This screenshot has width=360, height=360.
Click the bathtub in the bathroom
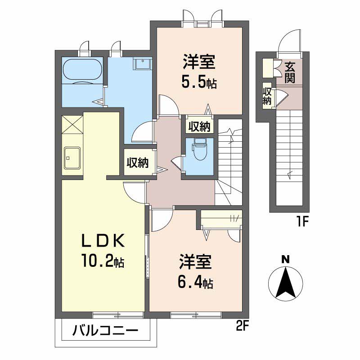click(x=82, y=70)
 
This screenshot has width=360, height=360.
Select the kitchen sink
click(x=72, y=158)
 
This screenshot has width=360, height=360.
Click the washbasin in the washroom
click(x=142, y=63)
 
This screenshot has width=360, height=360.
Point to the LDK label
click(x=103, y=240)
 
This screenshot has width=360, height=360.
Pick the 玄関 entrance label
click(x=290, y=72)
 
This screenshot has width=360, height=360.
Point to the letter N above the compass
click(x=285, y=260)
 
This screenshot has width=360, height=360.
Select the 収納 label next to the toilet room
click(x=199, y=126)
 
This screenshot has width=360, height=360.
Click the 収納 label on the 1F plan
click(x=267, y=96)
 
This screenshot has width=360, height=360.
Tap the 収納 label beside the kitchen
click(x=138, y=163)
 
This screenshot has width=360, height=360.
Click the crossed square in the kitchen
click(x=72, y=124)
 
